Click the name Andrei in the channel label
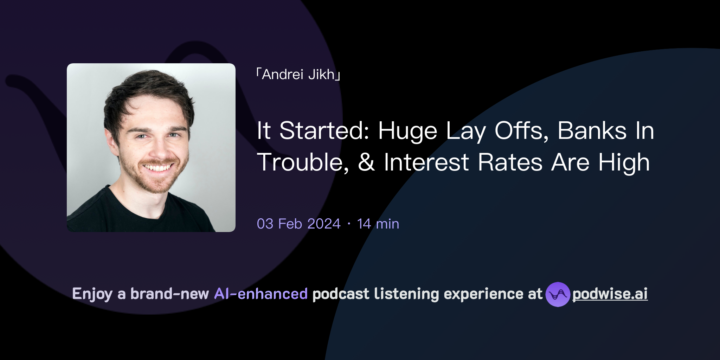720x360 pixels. (282, 75)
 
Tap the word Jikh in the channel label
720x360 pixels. (321, 75)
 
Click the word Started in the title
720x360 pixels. (324, 131)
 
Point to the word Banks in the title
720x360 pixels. (592, 131)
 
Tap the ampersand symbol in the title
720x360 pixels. (366, 162)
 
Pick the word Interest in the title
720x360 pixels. (426, 162)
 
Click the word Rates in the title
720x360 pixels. (510, 162)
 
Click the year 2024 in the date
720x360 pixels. (324, 224)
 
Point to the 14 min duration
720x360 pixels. (378, 224)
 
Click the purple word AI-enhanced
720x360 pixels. (261, 294)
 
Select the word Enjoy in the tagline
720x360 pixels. (92, 294)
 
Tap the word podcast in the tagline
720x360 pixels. (341, 294)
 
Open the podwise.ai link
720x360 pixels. (610, 294)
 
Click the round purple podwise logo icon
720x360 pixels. (558, 294)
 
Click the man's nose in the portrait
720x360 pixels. (161, 149)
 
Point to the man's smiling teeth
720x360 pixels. (158, 168)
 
